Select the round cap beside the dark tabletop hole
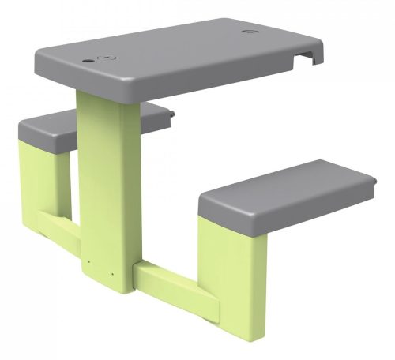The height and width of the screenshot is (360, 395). click(106, 57)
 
